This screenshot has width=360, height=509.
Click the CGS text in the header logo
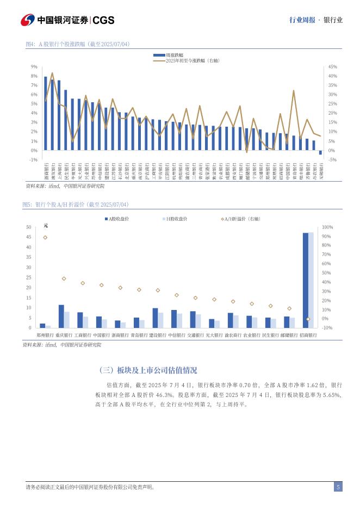103,20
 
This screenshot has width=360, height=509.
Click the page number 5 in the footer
338,487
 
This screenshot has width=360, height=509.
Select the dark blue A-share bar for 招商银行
305,280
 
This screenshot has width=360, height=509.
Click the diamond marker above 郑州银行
45,238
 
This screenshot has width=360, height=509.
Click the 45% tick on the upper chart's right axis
333,67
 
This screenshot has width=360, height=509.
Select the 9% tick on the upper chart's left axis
34,67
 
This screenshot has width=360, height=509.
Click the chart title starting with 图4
77,44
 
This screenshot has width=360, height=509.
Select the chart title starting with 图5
75,204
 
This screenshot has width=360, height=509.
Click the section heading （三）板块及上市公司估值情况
148,370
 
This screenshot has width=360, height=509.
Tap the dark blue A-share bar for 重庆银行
61,316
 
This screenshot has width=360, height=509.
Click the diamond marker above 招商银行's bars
308,319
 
